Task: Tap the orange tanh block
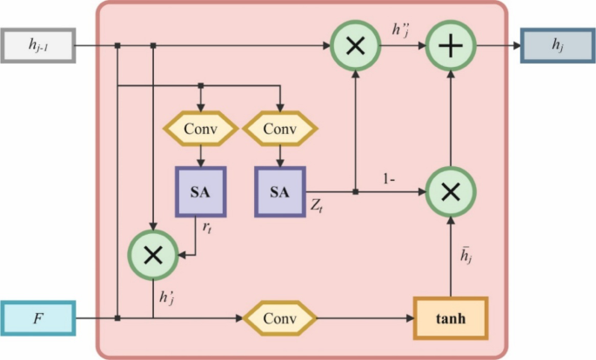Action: (x=451, y=318)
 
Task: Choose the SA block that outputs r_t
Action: (x=201, y=191)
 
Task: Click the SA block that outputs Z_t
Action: (x=279, y=191)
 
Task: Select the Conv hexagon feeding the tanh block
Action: (x=279, y=318)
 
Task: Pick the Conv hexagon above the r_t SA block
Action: (x=201, y=129)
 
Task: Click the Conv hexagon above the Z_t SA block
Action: (x=279, y=129)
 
